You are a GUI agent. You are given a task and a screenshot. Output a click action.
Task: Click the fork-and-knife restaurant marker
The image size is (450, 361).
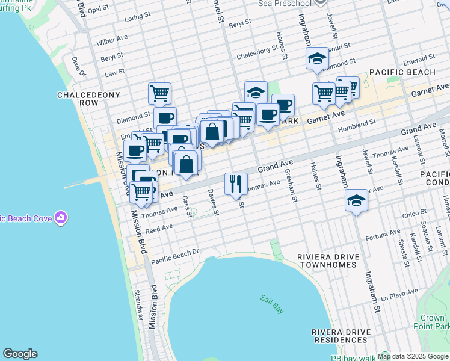[x=236, y=183]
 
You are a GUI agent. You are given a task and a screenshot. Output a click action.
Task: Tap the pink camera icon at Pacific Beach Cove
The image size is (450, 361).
[x=60, y=217]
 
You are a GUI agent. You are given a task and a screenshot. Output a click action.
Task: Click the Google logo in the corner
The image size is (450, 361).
[x=20, y=354]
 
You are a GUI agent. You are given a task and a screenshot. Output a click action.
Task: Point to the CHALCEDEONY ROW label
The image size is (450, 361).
[x=89, y=99]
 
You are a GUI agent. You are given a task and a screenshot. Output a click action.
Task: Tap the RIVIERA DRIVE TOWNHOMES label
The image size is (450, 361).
[x=328, y=261]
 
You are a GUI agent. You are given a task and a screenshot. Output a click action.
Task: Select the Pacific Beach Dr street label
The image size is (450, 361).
[x=174, y=256]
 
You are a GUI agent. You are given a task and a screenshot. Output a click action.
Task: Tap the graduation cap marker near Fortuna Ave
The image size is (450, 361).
[x=356, y=200]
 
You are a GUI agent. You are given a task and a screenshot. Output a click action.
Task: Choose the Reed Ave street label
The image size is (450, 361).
[x=159, y=229]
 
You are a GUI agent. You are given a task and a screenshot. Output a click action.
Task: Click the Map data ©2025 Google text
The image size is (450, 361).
[x=412, y=356]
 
